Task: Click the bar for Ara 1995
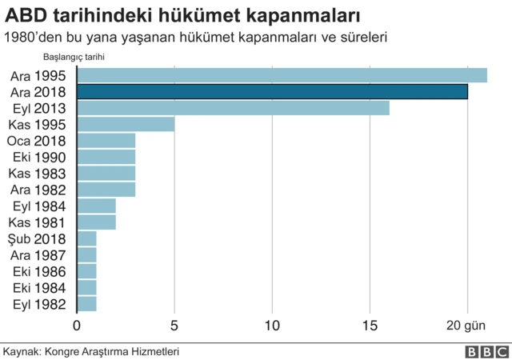click(x=282, y=75)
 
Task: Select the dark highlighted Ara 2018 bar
click(x=272, y=92)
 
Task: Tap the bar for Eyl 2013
click(x=233, y=108)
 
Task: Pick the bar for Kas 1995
click(x=126, y=124)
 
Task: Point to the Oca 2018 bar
click(x=106, y=141)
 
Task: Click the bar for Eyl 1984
click(x=97, y=206)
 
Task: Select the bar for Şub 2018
click(x=87, y=238)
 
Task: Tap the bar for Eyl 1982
click(x=87, y=304)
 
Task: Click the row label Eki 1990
click(x=39, y=157)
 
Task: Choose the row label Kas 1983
click(x=39, y=174)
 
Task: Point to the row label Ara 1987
click(x=39, y=255)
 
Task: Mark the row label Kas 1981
click(x=39, y=222)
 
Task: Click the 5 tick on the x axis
click(x=174, y=326)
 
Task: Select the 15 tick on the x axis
click(x=370, y=326)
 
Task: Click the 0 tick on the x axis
click(x=77, y=326)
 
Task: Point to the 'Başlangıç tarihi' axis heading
click(x=74, y=57)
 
